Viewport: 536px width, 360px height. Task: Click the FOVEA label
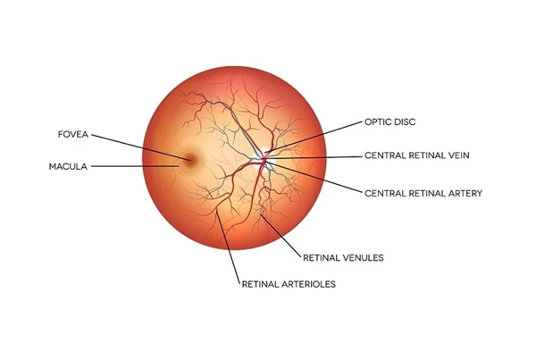pyautogui.click(x=73, y=134)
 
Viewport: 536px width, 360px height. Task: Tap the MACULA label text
pyautogui.click(x=68, y=166)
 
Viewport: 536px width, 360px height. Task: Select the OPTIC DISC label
pyautogui.click(x=390, y=122)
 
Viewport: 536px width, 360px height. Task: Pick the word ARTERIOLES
pyautogui.click(x=310, y=284)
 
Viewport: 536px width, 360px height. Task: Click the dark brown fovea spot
pyautogui.click(x=189, y=160)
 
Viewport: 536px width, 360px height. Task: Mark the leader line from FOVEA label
pyautogui.click(x=141, y=147)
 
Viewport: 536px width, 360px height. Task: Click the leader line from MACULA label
pyautogui.click(x=135, y=166)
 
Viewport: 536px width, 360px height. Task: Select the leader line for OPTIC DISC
pyautogui.click(x=314, y=137)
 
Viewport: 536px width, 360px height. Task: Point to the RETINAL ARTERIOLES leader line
pyautogui.click(x=228, y=247)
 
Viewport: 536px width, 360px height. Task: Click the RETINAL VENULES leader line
pyautogui.click(x=281, y=235)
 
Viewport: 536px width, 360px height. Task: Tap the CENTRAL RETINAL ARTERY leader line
pyautogui.click(x=314, y=178)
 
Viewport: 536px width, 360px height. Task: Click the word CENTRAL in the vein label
pyautogui.click(x=381, y=155)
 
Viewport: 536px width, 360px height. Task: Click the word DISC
pyautogui.click(x=405, y=122)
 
